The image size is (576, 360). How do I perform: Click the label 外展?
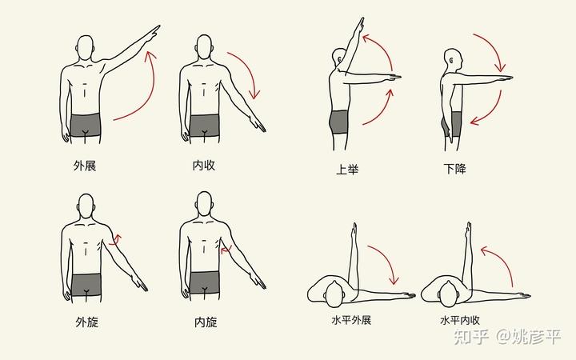coord(85,166)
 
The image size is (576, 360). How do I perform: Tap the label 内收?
coord(203,166)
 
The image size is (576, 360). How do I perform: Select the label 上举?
coord(347,170)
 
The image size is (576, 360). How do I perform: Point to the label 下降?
coord(454,169)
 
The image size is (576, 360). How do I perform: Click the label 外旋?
coord(87,322)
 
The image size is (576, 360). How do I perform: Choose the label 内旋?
coord(206,322)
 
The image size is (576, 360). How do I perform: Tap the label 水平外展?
coord(351,320)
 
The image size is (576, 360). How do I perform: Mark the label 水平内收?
coord(460,320)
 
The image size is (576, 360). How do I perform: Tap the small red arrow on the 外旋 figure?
coord(117,240)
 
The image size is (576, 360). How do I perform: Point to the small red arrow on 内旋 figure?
coord(226,250)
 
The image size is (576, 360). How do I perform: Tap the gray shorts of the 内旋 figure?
coord(205,283)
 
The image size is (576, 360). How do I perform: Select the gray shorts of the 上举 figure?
coord(338,122)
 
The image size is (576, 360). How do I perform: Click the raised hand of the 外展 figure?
coord(153,33)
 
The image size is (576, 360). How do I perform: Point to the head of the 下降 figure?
coord(453,60)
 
